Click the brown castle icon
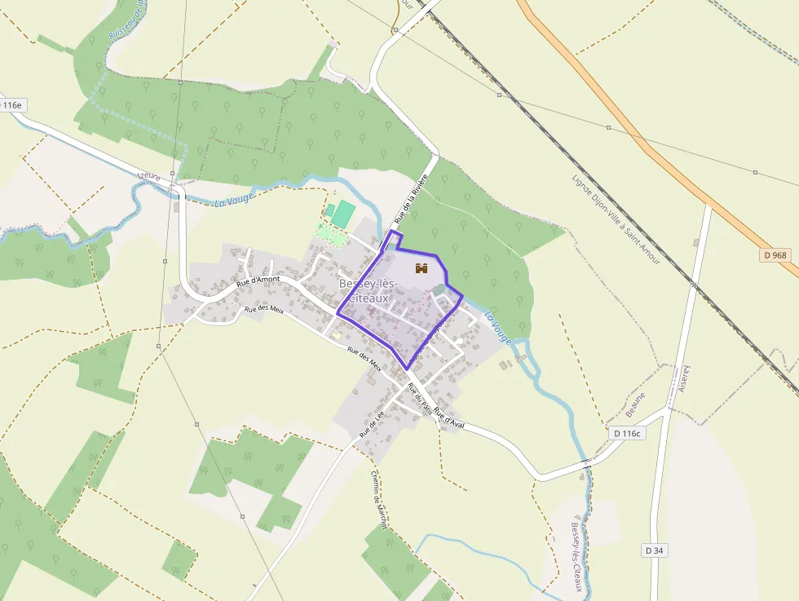422,268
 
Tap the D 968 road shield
776,255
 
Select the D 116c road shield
626,433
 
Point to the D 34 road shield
654,550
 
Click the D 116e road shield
11,105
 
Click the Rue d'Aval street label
448,416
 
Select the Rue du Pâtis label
419,399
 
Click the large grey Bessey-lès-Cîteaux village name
368,290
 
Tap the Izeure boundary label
149,176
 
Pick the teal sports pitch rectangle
343,214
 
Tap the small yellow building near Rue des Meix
336,334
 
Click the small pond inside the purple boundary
439,289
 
